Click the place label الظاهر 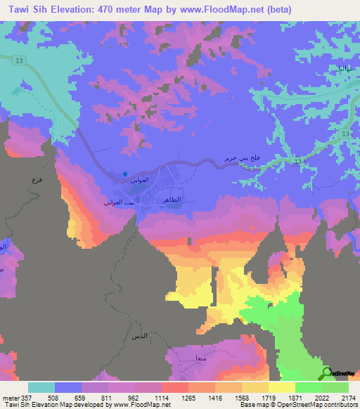(174, 201)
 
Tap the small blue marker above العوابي (125, 174)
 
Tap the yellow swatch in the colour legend (281, 387)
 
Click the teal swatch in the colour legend (41, 387)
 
